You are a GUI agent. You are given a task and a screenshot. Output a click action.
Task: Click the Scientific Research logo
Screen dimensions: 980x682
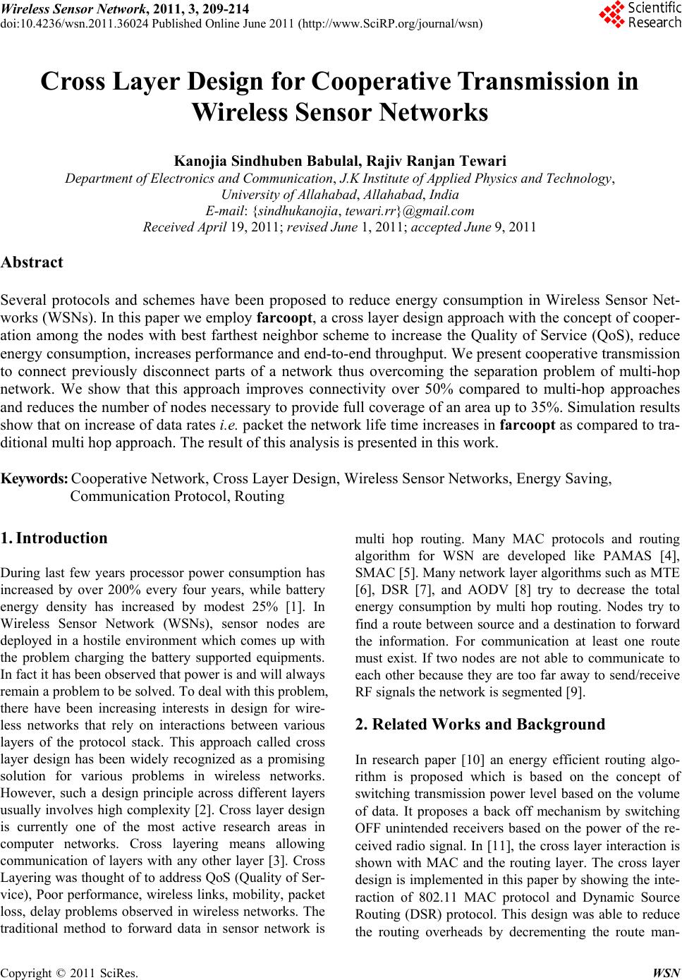(638, 15)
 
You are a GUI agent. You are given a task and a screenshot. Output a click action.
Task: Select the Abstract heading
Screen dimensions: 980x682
(32, 262)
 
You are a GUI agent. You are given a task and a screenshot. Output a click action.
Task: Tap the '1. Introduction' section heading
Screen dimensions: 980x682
(55, 538)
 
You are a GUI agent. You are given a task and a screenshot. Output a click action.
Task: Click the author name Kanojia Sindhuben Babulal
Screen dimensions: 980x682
(265, 162)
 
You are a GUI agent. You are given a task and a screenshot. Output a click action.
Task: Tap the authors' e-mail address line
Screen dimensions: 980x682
(339, 210)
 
